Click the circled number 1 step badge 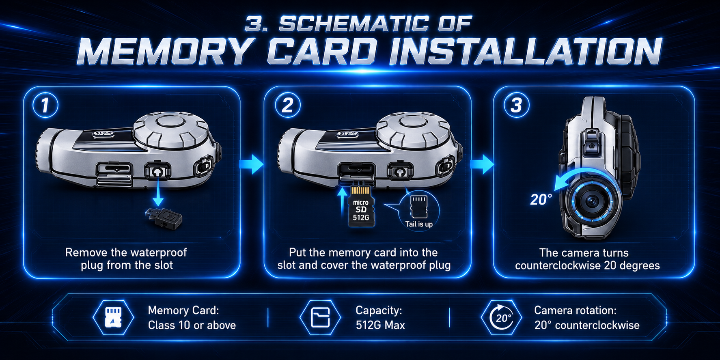tap(45, 105)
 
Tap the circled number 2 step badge tap(287, 105)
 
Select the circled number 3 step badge tap(516, 105)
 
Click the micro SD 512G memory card tap(361, 206)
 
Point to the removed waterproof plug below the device tap(164, 218)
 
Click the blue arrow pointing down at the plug tap(158, 191)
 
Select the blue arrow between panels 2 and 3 tap(482, 164)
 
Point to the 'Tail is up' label tap(419, 224)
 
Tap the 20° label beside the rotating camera tap(541, 200)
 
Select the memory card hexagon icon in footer tap(113, 317)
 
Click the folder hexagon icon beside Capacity tap(320, 317)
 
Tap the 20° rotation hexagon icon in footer tap(501, 317)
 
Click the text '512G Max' tap(380, 325)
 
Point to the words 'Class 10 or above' tap(192, 325)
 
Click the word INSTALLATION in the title tap(525, 52)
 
